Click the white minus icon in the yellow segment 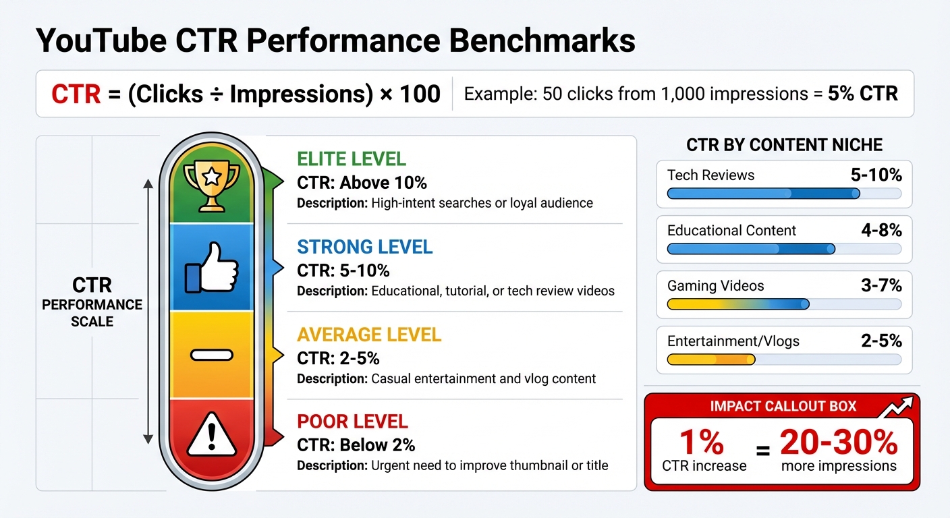(x=211, y=355)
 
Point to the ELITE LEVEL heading (x=352, y=160)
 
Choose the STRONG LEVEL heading (x=364, y=247)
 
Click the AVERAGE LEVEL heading (x=369, y=335)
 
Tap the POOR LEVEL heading (x=352, y=422)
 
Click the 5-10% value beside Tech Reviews (x=876, y=175)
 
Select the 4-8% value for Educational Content (x=881, y=231)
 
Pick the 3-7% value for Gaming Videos (x=881, y=286)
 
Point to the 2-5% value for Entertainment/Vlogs (x=881, y=341)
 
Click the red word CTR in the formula (x=76, y=94)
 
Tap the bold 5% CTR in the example (x=862, y=94)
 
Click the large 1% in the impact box (x=701, y=442)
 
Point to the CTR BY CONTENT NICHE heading (x=784, y=145)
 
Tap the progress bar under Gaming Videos (x=784, y=305)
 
